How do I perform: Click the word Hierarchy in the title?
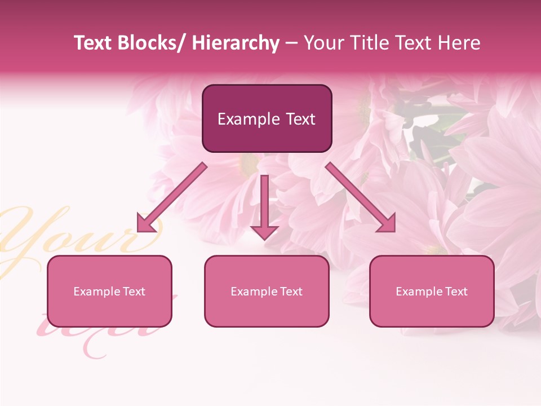tap(236, 43)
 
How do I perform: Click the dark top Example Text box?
tap(267, 118)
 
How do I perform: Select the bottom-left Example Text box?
tap(109, 291)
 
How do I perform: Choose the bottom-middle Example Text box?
tap(267, 291)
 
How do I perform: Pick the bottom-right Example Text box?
tap(432, 291)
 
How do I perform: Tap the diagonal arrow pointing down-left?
tap(172, 197)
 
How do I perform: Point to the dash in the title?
tap(291, 43)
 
